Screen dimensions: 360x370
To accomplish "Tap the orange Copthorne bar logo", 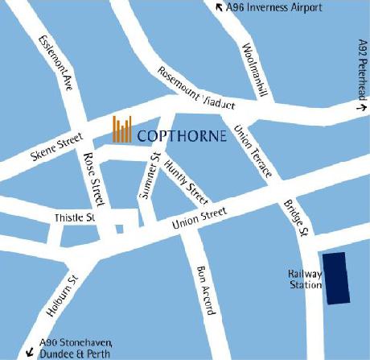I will pos(122,130).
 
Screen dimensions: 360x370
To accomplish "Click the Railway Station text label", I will pos(305,279).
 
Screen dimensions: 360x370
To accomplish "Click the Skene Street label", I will pos(58,147).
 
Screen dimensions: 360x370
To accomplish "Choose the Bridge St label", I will pos(297,217).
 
